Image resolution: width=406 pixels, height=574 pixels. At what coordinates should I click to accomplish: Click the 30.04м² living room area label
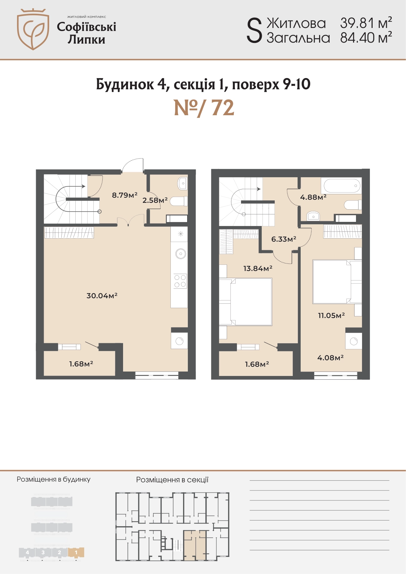[x=102, y=296]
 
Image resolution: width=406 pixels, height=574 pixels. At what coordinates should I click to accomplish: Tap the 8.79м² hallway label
[x=125, y=195]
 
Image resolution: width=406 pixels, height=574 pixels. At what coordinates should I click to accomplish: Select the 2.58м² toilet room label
[x=155, y=200]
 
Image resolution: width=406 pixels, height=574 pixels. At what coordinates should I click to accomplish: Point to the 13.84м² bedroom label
[x=258, y=268]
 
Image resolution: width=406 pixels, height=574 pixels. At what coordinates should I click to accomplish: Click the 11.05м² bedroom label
[x=331, y=315]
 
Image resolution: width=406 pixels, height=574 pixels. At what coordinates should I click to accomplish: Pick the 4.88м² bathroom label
[x=313, y=197]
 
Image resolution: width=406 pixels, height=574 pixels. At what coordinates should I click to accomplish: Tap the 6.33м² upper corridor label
[x=284, y=239]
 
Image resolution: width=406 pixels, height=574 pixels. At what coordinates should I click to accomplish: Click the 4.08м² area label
[x=330, y=358]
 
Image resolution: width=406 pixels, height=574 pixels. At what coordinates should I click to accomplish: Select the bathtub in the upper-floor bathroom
[x=342, y=186]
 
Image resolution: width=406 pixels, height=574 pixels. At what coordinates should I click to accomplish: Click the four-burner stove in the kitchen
[x=180, y=281]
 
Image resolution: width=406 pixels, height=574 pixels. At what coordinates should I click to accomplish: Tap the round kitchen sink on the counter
[x=181, y=254]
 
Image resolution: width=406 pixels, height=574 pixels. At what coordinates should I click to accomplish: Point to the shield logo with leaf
[x=33, y=29]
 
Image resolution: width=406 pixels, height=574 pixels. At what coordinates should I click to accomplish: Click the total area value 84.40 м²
[x=366, y=38]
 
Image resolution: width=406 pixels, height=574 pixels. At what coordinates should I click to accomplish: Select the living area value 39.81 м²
[x=366, y=23]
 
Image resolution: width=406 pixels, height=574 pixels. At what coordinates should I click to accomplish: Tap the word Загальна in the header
[x=298, y=38]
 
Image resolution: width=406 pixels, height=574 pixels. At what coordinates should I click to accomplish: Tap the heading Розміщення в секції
[x=172, y=480]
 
